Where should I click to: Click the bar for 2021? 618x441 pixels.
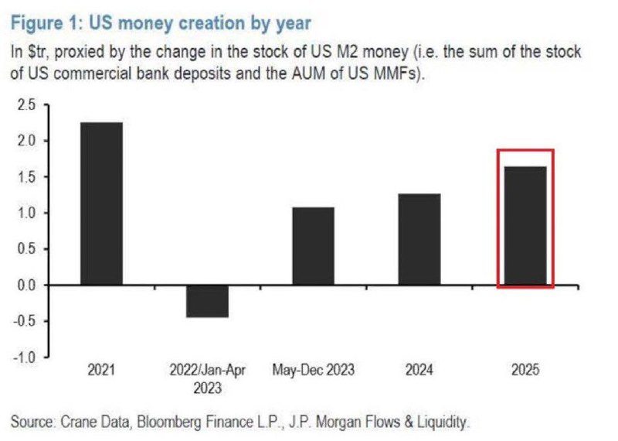[x=101, y=203]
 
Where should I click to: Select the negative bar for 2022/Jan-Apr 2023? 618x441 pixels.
[x=207, y=301]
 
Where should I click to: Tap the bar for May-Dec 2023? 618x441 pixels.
[x=313, y=246]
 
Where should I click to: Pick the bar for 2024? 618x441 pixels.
[x=419, y=239]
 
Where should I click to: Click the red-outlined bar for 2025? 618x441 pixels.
[x=525, y=226]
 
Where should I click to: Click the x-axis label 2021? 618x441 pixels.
[x=101, y=371]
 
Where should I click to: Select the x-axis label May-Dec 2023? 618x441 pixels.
[x=313, y=371]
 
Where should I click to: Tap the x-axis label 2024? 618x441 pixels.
[x=419, y=371]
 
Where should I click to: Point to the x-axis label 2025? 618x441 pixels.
[x=525, y=371]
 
